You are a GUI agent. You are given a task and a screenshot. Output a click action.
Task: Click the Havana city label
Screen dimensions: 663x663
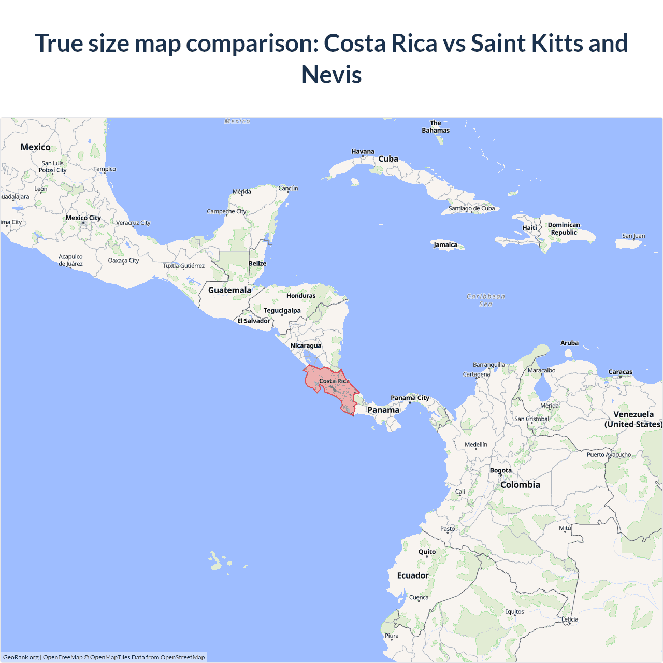click(363, 152)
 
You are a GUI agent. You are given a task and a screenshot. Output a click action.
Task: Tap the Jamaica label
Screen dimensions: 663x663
click(445, 245)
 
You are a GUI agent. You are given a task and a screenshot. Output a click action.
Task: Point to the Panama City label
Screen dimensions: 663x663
click(410, 398)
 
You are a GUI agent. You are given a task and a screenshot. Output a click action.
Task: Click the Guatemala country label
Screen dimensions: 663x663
click(229, 290)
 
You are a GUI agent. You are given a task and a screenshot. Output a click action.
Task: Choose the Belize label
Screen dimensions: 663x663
click(257, 263)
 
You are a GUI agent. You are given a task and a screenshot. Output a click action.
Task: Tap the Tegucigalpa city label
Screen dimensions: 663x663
click(282, 311)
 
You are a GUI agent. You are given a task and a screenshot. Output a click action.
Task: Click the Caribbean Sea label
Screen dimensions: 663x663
click(486, 300)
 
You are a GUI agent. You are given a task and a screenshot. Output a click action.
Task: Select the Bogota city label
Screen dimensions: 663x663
click(501, 470)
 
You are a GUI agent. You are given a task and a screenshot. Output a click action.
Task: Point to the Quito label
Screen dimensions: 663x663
click(427, 552)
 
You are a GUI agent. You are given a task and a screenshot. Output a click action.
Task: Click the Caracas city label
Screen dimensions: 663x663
click(621, 372)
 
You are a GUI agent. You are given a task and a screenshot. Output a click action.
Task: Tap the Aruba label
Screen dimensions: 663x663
click(569, 343)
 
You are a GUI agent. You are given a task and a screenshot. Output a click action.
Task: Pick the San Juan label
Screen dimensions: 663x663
click(633, 236)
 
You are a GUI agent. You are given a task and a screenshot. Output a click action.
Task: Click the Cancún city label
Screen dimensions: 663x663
click(288, 188)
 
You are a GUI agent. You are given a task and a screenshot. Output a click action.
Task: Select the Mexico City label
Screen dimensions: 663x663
click(83, 218)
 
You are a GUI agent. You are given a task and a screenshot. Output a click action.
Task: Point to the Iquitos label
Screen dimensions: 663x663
click(515, 612)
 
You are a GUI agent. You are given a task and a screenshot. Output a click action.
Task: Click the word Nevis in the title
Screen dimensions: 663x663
click(331, 75)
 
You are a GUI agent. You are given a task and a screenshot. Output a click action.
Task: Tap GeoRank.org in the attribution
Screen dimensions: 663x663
click(21, 657)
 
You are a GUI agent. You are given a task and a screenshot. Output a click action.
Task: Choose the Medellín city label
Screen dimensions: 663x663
click(476, 444)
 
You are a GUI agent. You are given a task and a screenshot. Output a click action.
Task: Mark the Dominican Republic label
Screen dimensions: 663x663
click(564, 228)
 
